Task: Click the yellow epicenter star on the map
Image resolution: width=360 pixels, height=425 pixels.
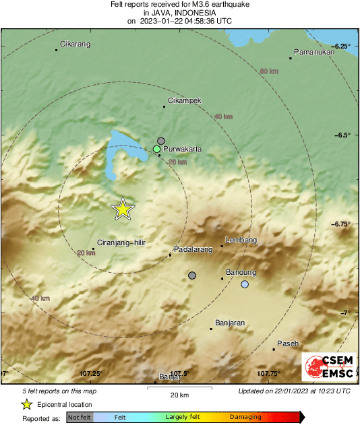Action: (x=123, y=209)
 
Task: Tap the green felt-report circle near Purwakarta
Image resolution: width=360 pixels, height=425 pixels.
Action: (x=156, y=148)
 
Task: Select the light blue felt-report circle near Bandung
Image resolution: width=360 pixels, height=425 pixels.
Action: (x=245, y=285)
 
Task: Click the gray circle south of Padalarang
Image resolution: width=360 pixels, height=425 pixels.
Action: (x=192, y=275)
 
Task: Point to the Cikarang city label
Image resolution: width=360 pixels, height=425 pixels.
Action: (x=75, y=44)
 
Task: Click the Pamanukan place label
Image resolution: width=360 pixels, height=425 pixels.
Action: (x=315, y=53)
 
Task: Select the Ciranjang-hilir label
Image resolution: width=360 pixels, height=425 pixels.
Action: (x=121, y=242)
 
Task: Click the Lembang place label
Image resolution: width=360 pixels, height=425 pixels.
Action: (x=241, y=240)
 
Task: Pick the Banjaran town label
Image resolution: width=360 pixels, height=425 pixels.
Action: (x=229, y=323)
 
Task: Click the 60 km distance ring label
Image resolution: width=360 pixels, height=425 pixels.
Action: (x=269, y=71)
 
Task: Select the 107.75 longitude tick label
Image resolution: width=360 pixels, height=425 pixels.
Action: (x=268, y=373)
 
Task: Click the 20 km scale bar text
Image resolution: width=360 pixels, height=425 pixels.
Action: (x=179, y=394)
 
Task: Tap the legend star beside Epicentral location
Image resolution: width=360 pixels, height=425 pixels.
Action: (x=26, y=404)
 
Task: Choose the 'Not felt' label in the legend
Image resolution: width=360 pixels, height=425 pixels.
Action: (x=80, y=418)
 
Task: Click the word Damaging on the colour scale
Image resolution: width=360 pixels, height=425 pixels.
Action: (x=245, y=418)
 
